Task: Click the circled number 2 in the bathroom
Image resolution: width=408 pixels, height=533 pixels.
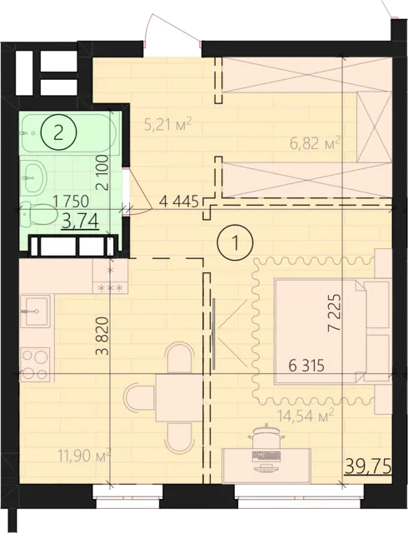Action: point(59,133)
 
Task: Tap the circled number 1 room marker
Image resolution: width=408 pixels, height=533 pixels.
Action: point(236,242)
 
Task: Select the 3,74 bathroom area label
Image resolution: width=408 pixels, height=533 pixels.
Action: point(81,222)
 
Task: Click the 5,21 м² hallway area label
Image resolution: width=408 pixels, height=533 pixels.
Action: point(168,124)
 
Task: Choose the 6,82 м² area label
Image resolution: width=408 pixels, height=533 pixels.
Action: point(316,143)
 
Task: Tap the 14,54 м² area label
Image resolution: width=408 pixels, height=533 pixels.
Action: point(304,415)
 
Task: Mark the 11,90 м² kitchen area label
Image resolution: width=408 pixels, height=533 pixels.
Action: point(84,455)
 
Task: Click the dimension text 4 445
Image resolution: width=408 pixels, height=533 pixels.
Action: point(178,202)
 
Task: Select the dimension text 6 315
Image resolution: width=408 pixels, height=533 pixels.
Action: point(306,366)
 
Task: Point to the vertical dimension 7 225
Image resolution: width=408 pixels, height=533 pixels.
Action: point(334,313)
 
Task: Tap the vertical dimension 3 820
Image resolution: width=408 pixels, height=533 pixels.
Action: point(102,336)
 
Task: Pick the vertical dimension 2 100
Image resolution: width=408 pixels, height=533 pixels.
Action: point(102,172)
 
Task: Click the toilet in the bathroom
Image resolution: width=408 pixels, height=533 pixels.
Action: point(39,214)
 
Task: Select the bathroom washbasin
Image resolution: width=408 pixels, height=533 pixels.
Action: point(32,177)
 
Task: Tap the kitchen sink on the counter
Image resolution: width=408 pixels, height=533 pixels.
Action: point(35,311)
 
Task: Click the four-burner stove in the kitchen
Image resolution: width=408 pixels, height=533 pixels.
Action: point(35,364)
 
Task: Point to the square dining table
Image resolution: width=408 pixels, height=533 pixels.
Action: point(180,398)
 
